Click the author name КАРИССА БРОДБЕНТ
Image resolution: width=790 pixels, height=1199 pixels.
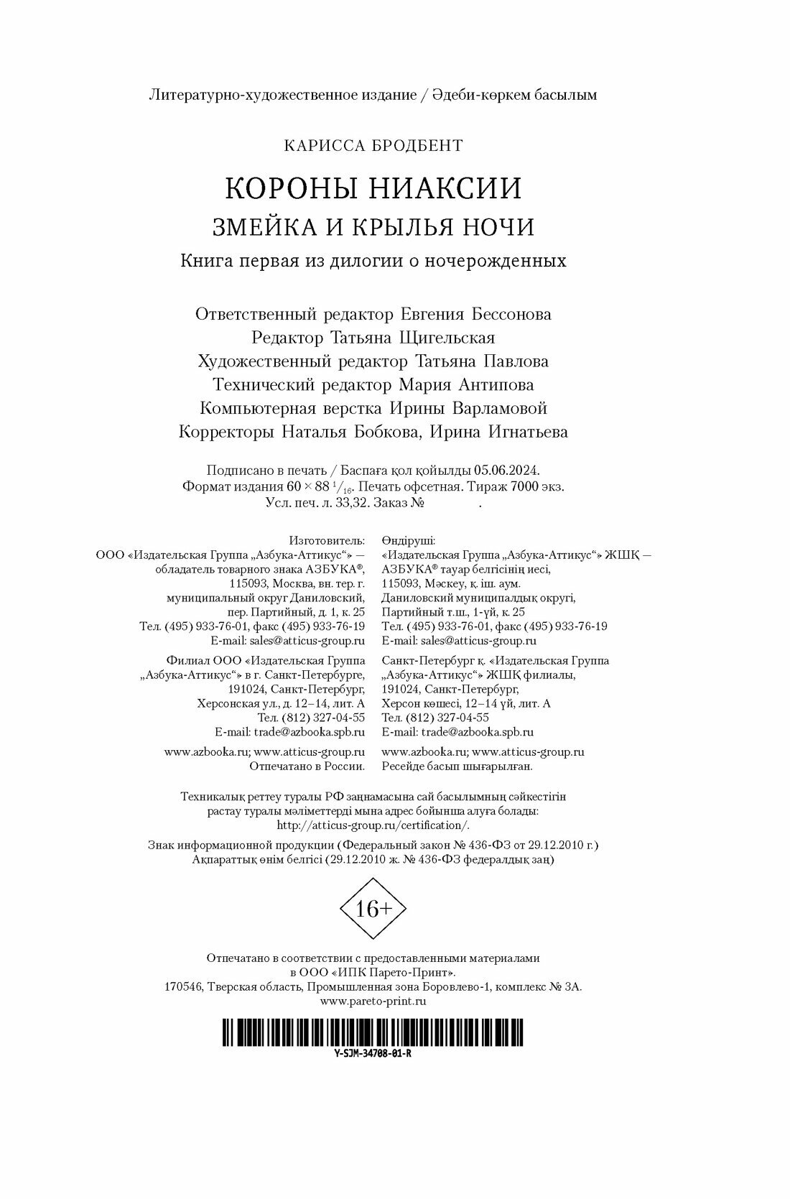coord(373,145)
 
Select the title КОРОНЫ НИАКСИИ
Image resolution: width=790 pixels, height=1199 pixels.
coord(373,188)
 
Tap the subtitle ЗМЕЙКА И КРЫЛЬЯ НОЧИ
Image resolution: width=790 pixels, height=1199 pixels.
coord(373,227)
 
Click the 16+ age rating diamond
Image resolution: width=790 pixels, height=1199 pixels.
coord(373,909)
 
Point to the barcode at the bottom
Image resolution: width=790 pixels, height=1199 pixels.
coord(373,1032)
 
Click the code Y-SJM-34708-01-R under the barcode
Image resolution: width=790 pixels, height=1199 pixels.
coord(373,1052)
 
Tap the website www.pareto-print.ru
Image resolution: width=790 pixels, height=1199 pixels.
coord(373,1001)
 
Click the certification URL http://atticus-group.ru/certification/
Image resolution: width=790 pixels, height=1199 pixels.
coord(373,825)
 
